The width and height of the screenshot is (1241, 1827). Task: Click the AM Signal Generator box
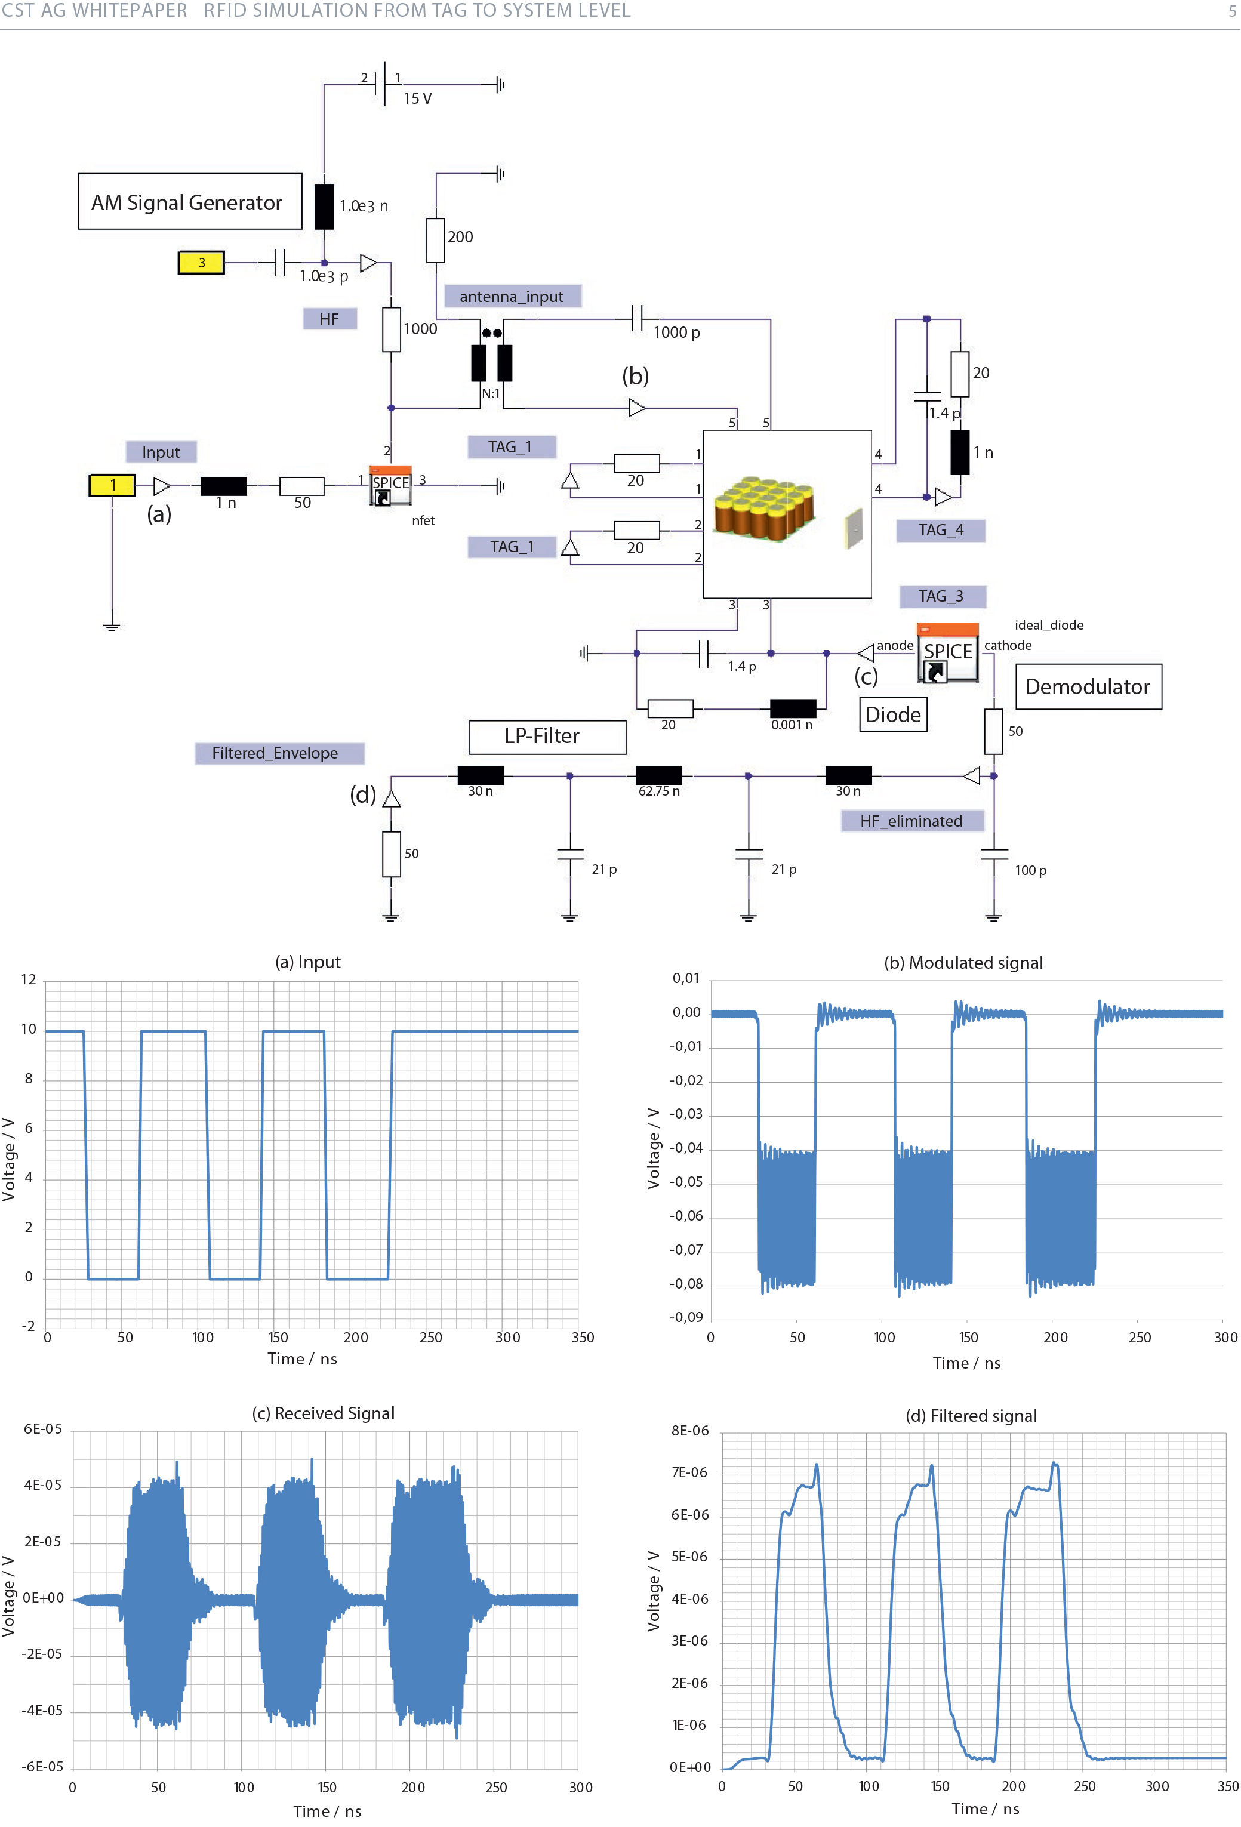pyautogui.click(x=190, y=202)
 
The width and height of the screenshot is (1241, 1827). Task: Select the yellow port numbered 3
pyautogui.click(x=201, y=263)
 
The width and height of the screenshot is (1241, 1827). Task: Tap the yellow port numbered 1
pyautogui.click(x=112, y=485)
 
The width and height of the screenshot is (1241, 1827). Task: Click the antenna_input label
pyautogui.click(x=512, y=297)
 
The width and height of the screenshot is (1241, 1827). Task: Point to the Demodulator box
pyautogui.click(x=1088, y=686)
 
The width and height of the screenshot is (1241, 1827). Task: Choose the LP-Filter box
pyautogui.click(x=547, y=737)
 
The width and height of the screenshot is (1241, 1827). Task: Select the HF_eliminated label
pyautogui.click(x=911, y=821)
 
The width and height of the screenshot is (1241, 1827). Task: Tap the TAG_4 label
pyautogui.click(x=941, y=530)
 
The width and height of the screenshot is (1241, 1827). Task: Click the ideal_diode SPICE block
pyautogui.click(x=948, y=652)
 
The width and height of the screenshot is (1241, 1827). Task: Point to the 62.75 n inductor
pyautogui.click(x=658, y=776)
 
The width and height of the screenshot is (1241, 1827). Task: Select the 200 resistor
pyautogui.click(x=436, y=240)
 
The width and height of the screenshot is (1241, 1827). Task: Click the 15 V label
pyautogui.click(x=418, y=98)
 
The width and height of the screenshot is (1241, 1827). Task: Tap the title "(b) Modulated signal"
pyautogui.click(x=963, y=962)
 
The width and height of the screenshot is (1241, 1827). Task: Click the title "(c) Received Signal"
pyautogui.click(x=322, y=1413)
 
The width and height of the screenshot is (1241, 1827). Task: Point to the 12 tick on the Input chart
pyautogui.click(x=28, y=979)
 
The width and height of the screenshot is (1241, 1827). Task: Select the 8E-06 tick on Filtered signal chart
pyautogui.click(x=689, y=1430)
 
